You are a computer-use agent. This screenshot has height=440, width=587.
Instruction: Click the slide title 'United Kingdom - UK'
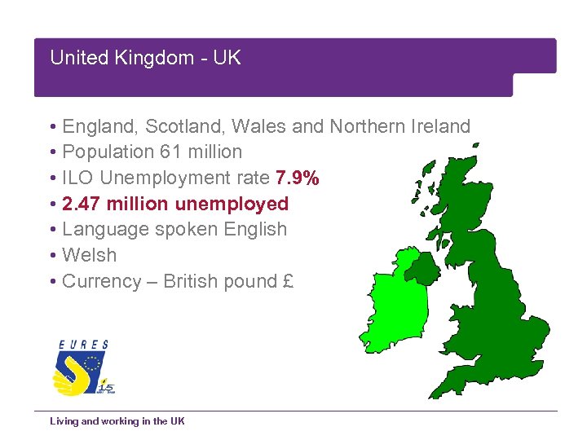coord(145,58)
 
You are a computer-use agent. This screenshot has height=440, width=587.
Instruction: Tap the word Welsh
coord(89,255)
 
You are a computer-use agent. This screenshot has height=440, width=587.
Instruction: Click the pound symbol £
coord(288,281)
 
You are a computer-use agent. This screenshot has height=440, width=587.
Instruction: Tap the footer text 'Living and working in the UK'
coord(117,421)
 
